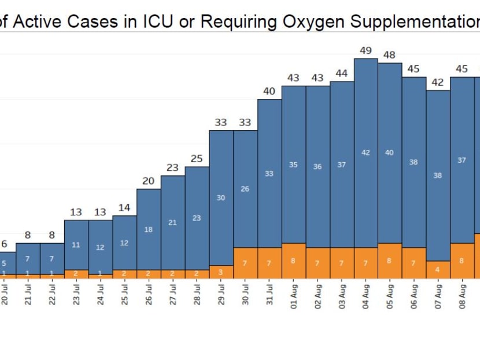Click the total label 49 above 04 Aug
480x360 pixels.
(365, 50)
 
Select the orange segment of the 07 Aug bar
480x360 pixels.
(438, 270)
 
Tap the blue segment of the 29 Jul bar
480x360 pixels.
(221, 198)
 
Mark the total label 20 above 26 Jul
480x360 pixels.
(149, 181)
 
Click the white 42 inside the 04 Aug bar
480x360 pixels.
(365, 153)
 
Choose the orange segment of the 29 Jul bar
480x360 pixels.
(221, 272)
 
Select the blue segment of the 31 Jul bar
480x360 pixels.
(269, 174)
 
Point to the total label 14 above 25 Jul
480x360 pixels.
(124, 208)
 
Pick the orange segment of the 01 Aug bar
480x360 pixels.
(293, 261)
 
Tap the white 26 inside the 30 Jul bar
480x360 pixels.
(245, 189)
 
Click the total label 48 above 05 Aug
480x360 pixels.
(390, 55)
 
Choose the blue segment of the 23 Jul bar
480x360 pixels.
(76, 245)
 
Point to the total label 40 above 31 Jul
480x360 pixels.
(269, 91)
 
